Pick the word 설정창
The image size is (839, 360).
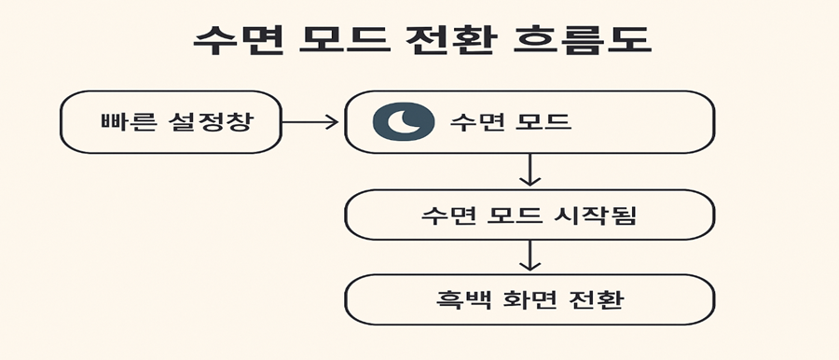pyautogui.click(x=212, y=122)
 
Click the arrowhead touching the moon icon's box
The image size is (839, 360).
pyautogui.click(x=333, y=121)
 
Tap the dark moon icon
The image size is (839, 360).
pyautogui.click(x=404, y=122)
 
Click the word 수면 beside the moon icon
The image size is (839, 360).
pyautogui.click(x=475, y=122)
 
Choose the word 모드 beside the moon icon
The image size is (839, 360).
pyautogui.click(x=543, y=122)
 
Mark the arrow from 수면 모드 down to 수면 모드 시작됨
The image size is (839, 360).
pyautogui.click(x=530, y=170)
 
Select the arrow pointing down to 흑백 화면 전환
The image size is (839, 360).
pyautogui.click(x=530, y=256)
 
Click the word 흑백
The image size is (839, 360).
pyautogui.click(x=460, y=300)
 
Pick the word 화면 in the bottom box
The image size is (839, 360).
pyautogui.click(x=530, y=300)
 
